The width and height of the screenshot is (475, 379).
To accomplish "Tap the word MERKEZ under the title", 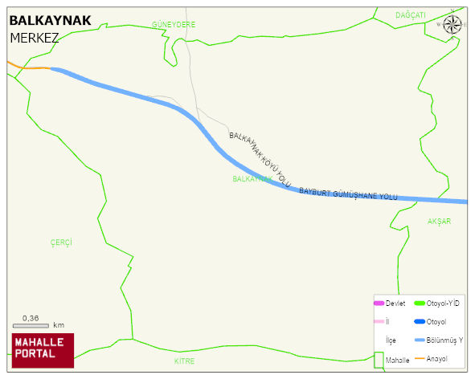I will click(x=35, y=38).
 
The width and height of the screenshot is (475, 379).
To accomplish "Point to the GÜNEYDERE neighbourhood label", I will click(x=174, y=25).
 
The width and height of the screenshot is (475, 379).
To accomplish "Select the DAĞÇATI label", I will click(x=411, y=15).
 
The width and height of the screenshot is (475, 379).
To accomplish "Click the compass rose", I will click(x=452, y=24).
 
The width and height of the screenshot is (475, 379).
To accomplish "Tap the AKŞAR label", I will click(x=439, y=221).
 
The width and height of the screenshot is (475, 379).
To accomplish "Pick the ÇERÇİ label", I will click(x=62, y=242).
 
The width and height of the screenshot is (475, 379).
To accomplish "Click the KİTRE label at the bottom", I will click(x=185, y=361).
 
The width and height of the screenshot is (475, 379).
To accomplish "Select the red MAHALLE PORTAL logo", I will click(x=42, y=349).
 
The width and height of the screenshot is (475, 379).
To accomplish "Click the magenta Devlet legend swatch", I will click(x=379, y=303).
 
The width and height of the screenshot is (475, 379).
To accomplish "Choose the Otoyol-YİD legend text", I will click(x=442, y=303).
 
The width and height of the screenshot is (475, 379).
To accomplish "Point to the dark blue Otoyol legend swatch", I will click(x=419, y=322).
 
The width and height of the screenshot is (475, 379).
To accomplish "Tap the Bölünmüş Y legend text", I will click(x=444, y=340).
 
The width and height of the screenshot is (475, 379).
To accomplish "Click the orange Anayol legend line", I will click(x=419, y=358).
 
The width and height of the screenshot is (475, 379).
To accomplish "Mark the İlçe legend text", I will click(x=391, y=340).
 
